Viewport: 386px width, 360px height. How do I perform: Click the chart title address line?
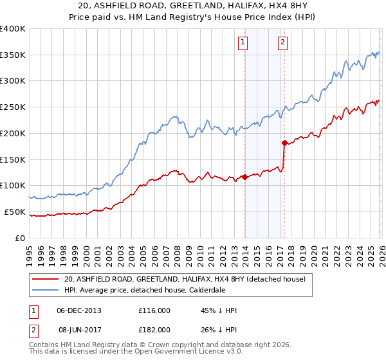[193, 6]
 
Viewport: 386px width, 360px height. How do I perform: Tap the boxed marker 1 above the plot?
[244, 43]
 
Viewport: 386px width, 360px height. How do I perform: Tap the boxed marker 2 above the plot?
[283, 43]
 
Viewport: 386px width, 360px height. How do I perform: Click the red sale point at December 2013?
[245, 177]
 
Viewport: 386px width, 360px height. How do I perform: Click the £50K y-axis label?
[15, 212]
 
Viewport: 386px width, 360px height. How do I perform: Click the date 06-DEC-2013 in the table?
[79, 310]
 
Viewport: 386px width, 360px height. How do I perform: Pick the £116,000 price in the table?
[154, 310]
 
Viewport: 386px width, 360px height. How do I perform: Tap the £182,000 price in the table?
[154, 330]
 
